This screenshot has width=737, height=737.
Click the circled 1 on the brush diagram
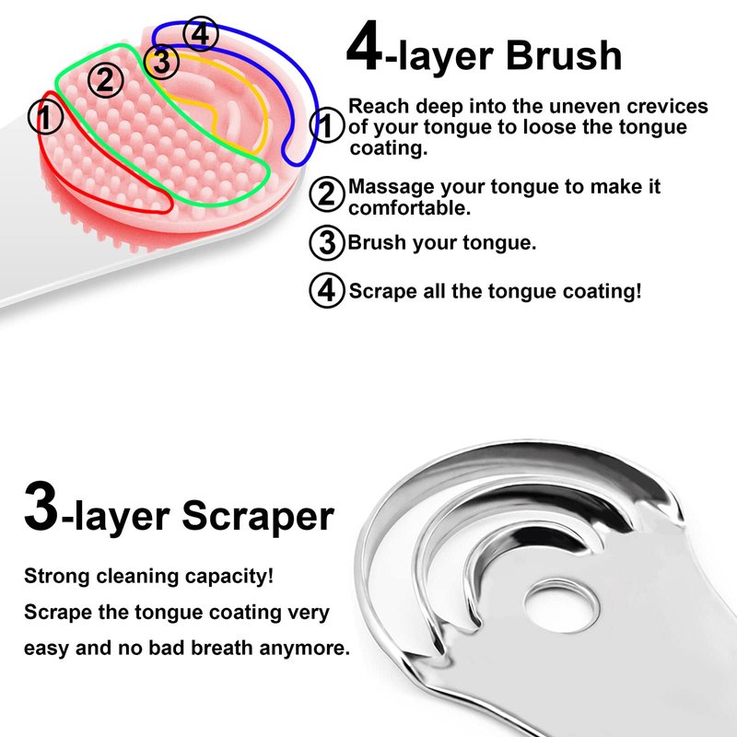click(45, 117)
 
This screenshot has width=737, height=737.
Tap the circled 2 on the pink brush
click(106, 80)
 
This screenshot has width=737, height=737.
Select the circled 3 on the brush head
click(161, 61)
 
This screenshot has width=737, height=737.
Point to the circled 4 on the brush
click(201, 34)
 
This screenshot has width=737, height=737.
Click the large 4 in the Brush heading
click(364, 45)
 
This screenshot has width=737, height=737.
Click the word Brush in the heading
click(564, 55)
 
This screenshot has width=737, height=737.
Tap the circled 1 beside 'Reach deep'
click(328, 125)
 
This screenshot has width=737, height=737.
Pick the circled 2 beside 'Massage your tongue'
click(328, 194)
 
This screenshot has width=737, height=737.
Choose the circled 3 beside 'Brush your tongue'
click(328, 243)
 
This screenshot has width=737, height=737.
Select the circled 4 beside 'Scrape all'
click(328, 290)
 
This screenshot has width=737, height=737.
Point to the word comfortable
click(409, 208)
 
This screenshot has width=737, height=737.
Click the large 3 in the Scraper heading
click(41, 507)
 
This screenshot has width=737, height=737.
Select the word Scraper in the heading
click(258, 517)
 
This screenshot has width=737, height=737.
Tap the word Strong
click(57, 577)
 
